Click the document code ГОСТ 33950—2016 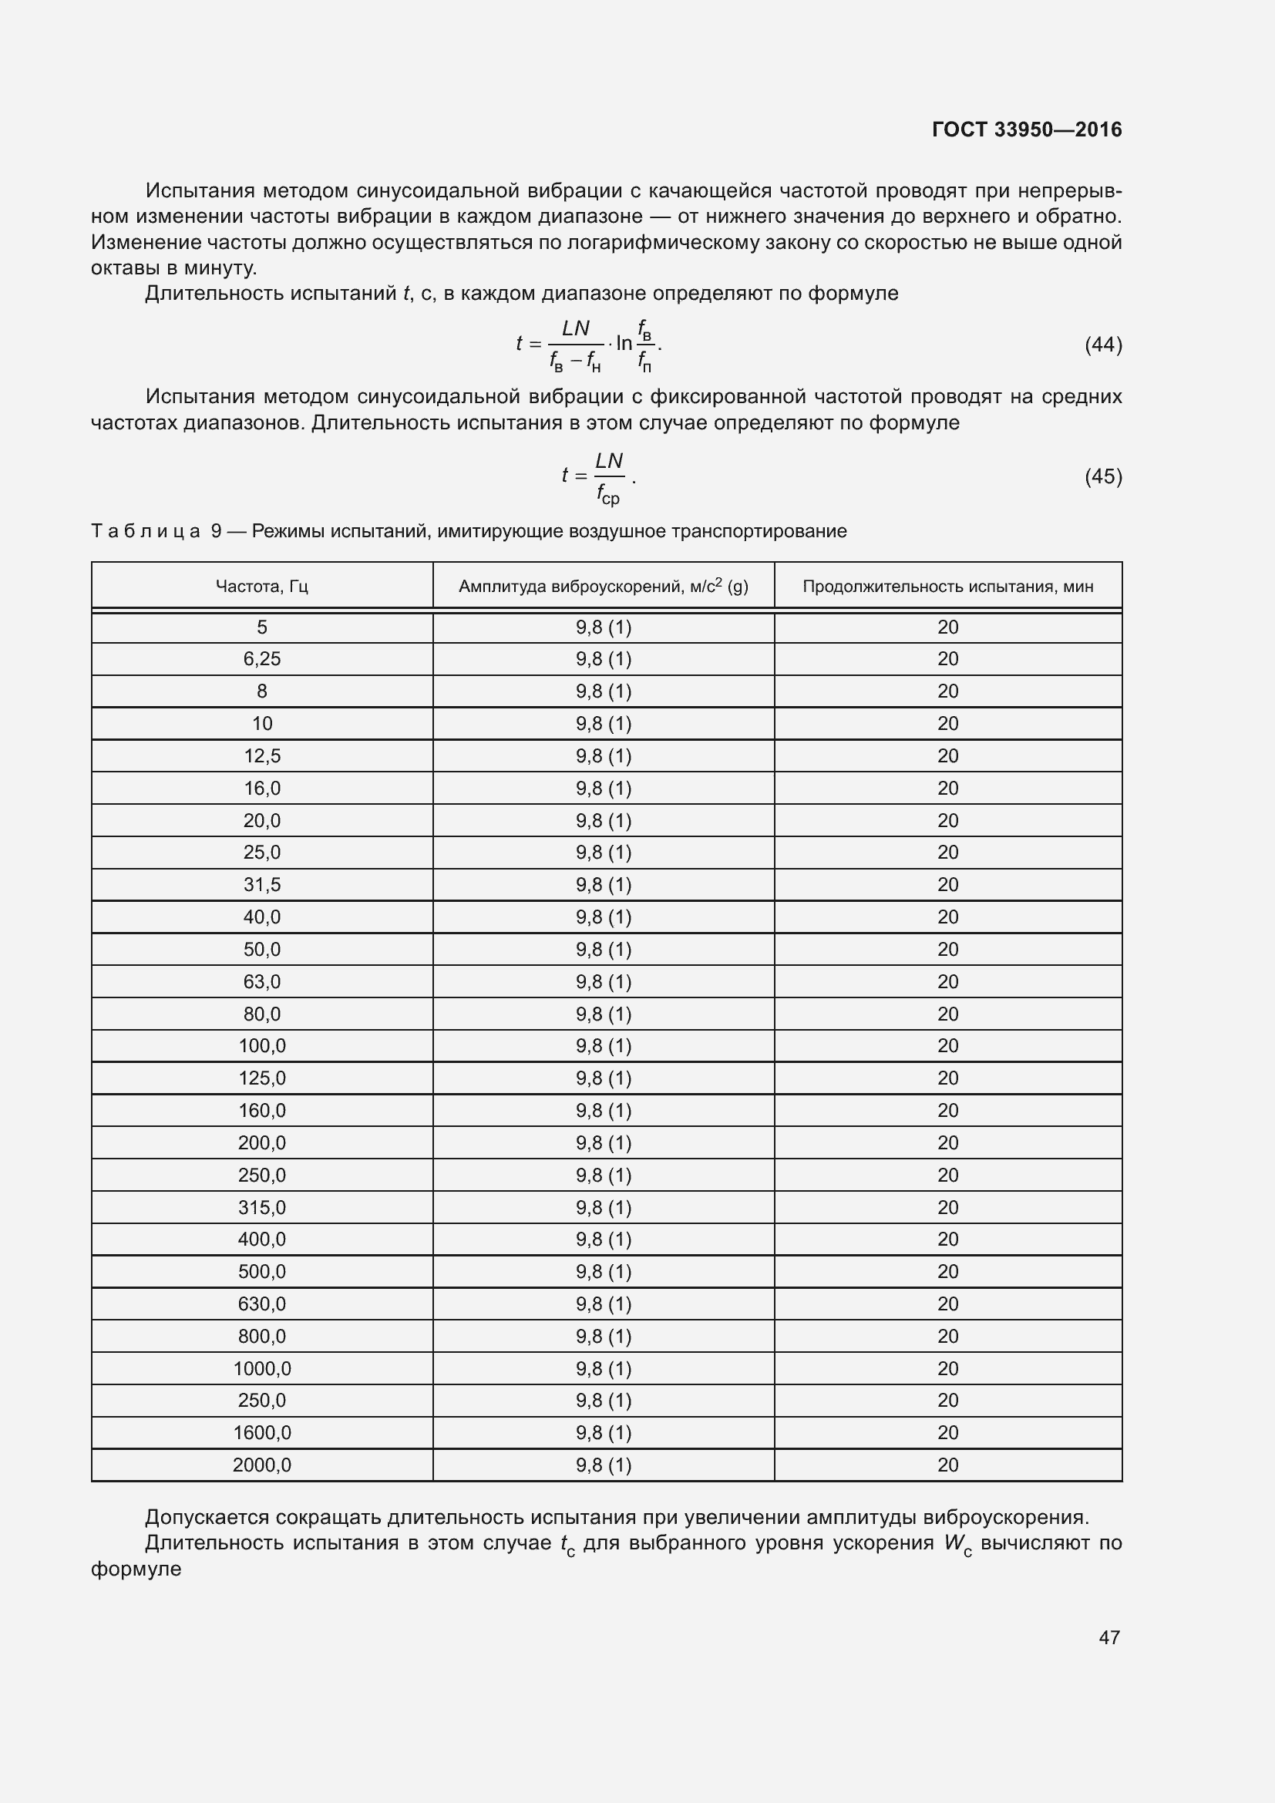click(1026, 130)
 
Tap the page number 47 click(1108, 1637)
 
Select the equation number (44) click(1103, 344)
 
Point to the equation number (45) click(1103, 476)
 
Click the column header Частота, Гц click(261, 586)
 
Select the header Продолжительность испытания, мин click(947, 586)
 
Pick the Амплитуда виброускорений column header click(603, 586)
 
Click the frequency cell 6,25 click(261, 659)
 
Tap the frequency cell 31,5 click(261, 884)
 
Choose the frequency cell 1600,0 click(261, 1432)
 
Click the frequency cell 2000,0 click(261, 1465)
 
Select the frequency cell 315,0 click(261, 1207)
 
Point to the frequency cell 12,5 click(261, 755)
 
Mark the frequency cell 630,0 click(261, 1303)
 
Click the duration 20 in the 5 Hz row click(947, 627)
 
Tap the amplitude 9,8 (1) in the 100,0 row click(603, 1045)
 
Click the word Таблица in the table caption click(146, 531)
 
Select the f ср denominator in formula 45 click(607, 495)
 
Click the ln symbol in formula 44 click(624, 343)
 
